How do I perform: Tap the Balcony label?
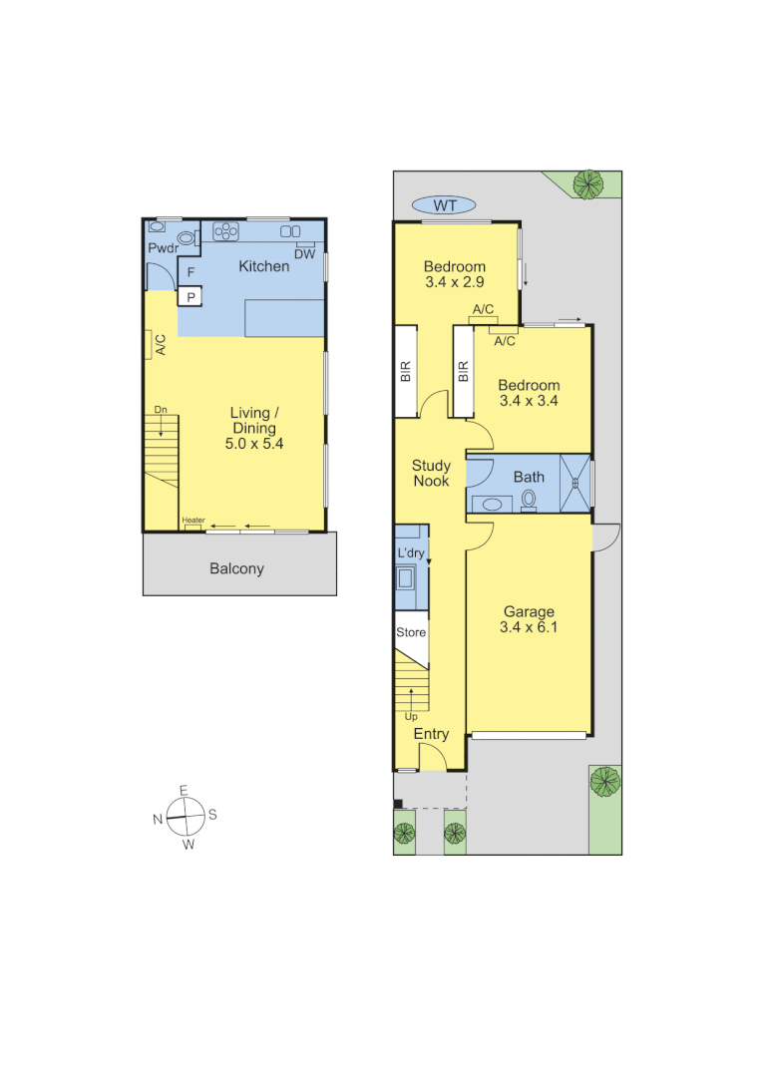tap(236, 568)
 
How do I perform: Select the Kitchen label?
tap(263, 266)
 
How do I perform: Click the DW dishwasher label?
tap(304, 254)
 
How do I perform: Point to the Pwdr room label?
tap(163, 248)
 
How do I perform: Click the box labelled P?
tap(190, 296)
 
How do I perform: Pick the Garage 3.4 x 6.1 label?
tap(529, 619)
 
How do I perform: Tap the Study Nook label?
tap(431, 473)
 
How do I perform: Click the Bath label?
tap(529, 477)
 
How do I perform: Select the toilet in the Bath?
tap(529, 500)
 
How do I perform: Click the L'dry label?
tap(411, 552)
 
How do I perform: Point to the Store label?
tap(411, 632)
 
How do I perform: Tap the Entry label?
tap(431, 734)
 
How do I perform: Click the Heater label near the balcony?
tap(193, 520)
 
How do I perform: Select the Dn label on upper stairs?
tap(161, 410)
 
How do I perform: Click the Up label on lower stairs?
tap(411, 716)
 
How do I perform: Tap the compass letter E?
tap(184, 790)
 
